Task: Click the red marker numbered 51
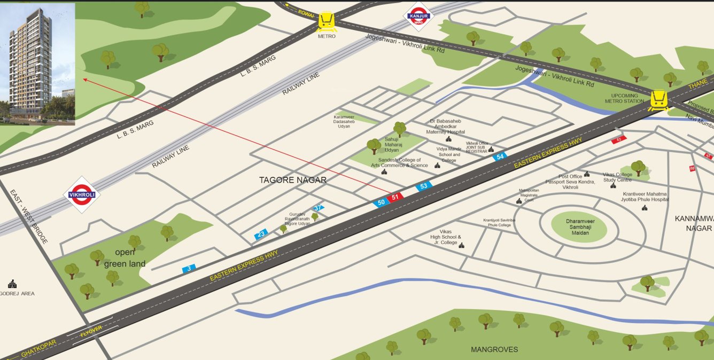[395, 197]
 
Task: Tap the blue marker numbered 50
[381, 202]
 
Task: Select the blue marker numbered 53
[423, 186]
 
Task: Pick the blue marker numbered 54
[500, 156]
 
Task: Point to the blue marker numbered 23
[261, 234]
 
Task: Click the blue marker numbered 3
[189, 269]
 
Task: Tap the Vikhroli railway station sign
[82, 195]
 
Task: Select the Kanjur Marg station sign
[418, 16]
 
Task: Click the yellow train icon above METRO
[327, 21]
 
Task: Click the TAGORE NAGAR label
[292, 180]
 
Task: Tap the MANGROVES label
[494, 349]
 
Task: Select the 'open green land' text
[125, 258]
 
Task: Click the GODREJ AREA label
[17, 293]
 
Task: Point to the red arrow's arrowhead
[84, 80]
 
